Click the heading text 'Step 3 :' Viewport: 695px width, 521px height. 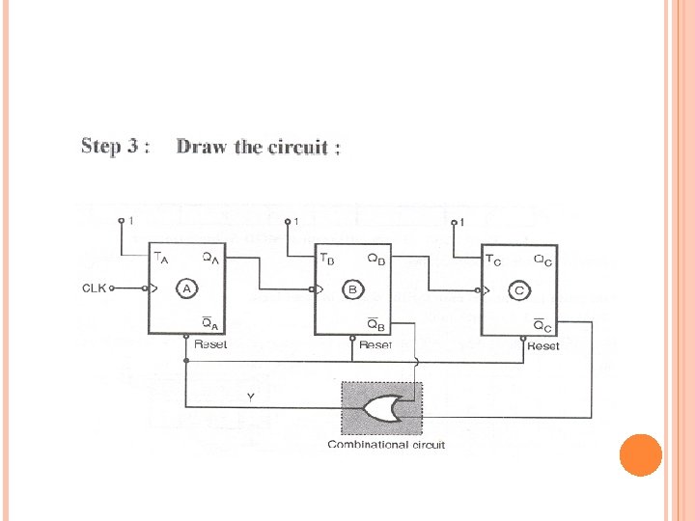[x=115, y=147]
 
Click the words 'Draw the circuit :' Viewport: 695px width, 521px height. [x=258, y=148]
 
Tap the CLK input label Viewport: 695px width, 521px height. [x=95, y=287]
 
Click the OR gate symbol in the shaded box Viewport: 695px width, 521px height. [x=383, y=411]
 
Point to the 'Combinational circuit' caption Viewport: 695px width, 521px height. [x=386, y=445]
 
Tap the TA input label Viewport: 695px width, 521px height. [x=160, y=258]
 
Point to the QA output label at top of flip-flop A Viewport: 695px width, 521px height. [x=209, y=258]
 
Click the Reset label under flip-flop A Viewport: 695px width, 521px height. [x=210, y=344]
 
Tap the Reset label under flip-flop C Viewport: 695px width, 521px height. [x=543, y=344]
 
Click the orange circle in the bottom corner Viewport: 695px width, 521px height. [x=640, y=454]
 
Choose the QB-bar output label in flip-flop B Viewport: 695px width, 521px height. [x=376, y=324]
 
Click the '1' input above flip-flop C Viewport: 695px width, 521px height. [x=462, y=223]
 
